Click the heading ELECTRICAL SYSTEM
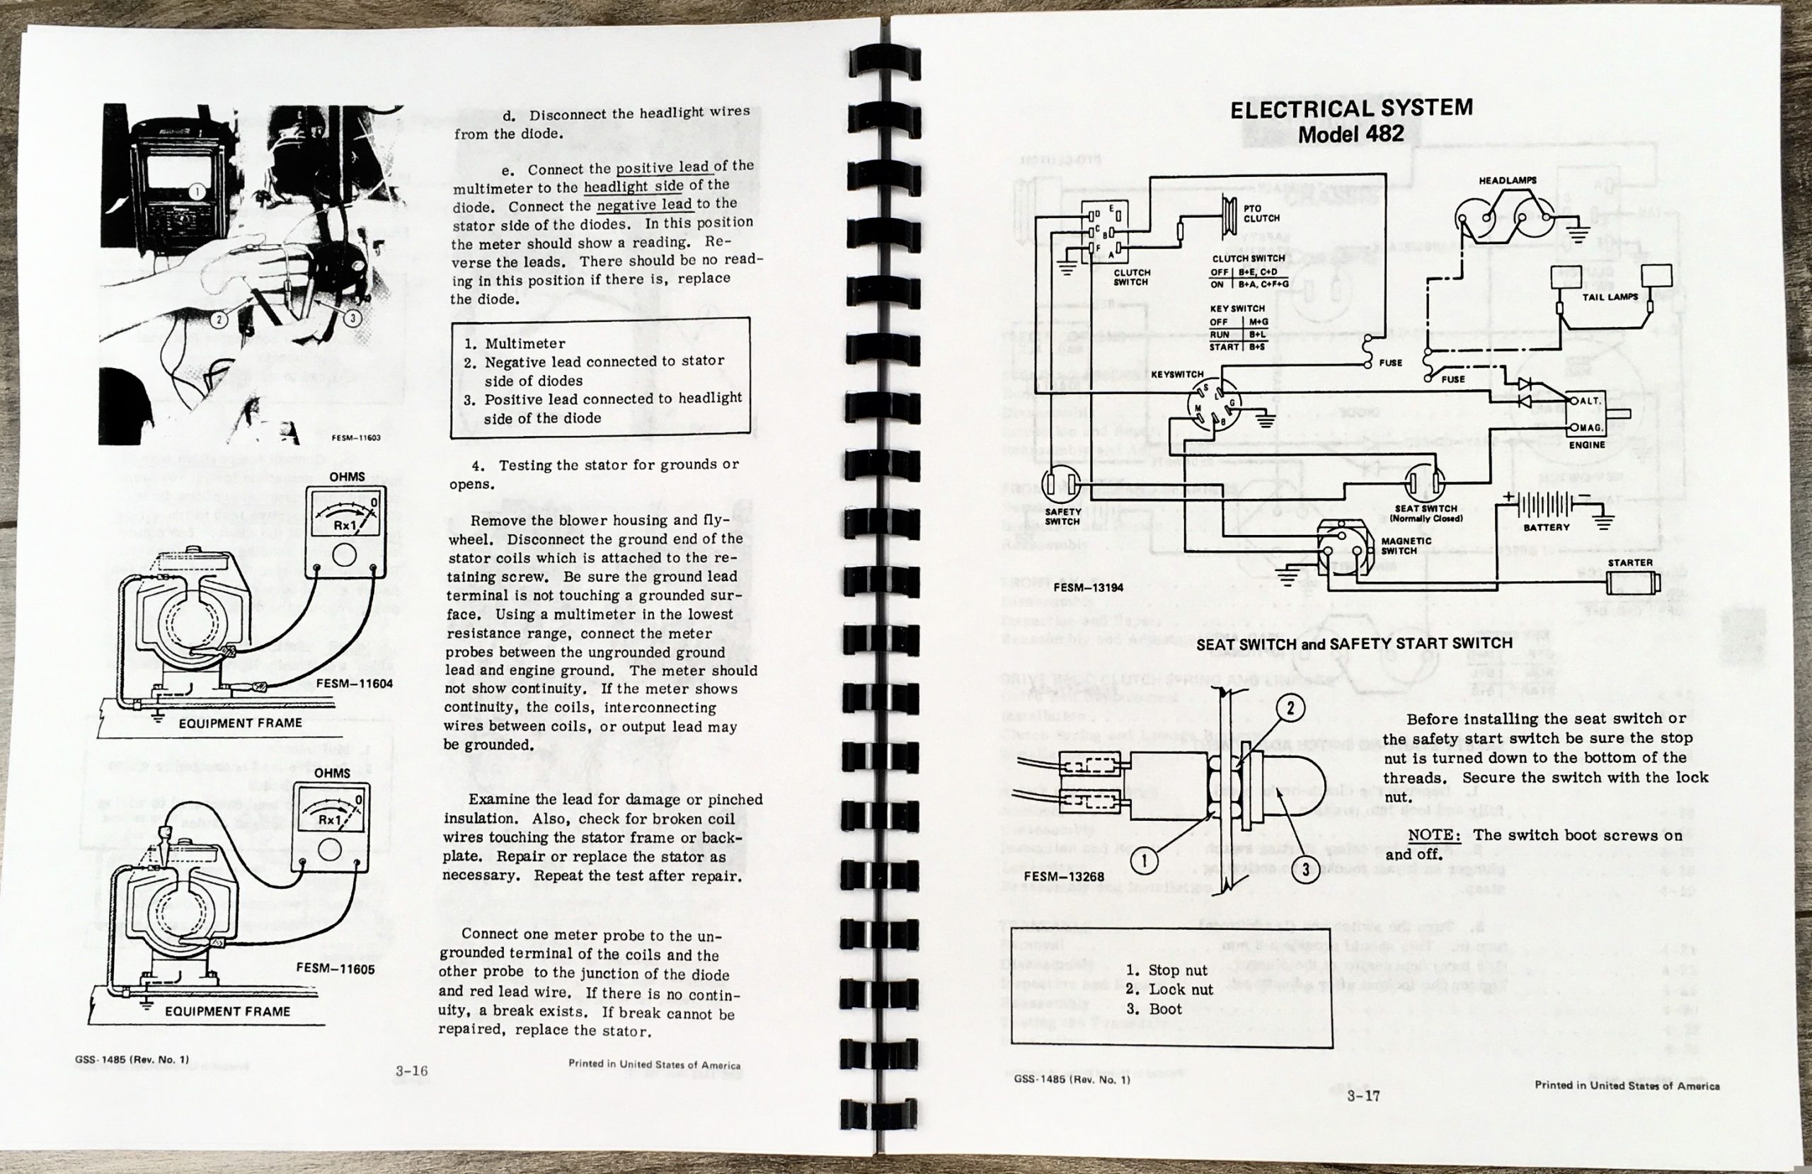1351,109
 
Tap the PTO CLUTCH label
1261,213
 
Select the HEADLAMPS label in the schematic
1508,181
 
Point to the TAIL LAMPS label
1610,297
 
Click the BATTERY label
1547,527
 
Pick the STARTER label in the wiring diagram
1630,563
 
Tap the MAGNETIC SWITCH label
1406,546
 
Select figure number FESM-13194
1088,588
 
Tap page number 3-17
1363,1097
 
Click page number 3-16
411,1071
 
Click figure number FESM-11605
336,970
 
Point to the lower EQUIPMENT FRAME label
228,1012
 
